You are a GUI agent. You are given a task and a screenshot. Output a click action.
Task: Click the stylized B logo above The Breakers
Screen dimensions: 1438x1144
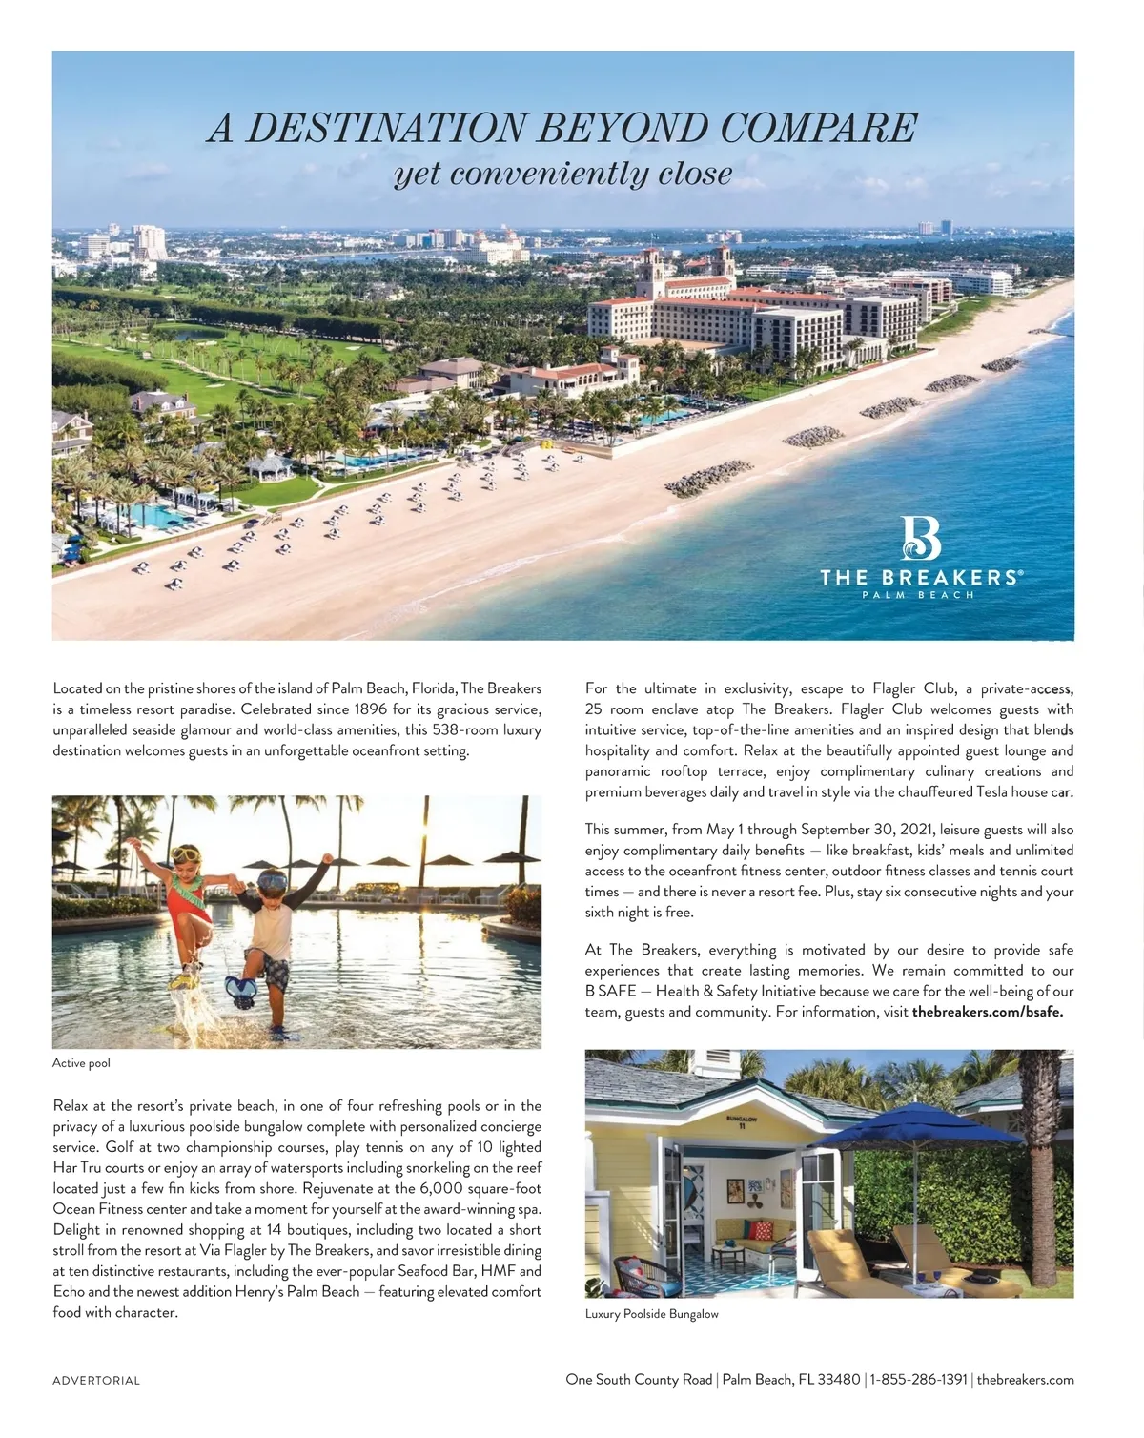coord(920,539)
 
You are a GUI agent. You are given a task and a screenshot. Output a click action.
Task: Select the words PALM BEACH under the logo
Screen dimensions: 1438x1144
coord(918,595)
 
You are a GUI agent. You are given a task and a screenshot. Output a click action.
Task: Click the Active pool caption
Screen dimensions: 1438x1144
coord(81,1062)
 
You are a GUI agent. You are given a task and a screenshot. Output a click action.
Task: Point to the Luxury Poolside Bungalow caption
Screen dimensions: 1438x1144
coord(651,1314)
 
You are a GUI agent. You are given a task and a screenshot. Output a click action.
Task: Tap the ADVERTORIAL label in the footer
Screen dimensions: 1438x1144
coord(96,1380)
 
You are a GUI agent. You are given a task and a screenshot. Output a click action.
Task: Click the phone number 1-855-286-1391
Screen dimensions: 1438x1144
coord(918,1379)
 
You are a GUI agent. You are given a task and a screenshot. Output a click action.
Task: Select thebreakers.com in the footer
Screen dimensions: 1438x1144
coord(1025,1379)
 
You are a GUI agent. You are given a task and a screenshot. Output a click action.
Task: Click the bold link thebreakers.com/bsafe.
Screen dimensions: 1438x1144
coord(987,1012)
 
